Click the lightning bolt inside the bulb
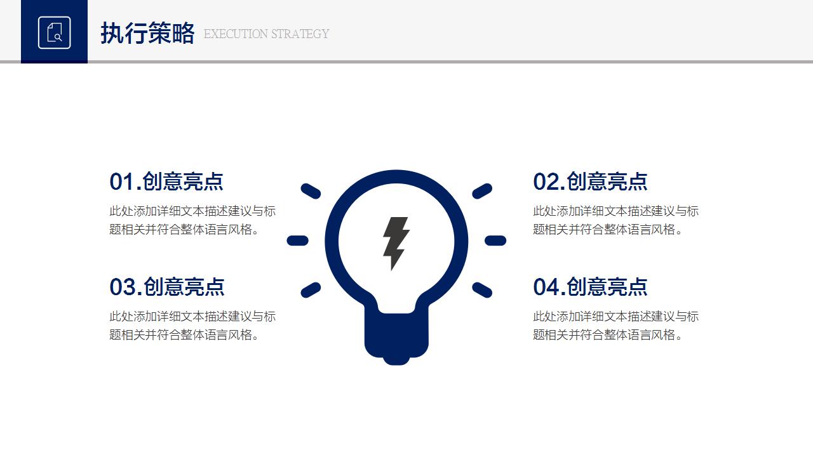[x=396, y=243]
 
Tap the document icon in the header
[x=54, y=32]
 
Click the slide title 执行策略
[x=147, y=34]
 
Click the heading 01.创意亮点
[x=166, y=182]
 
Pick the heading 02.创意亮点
[x=590, y=182]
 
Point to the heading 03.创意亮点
[x=166, y=287]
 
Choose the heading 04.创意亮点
[x=590, y=287]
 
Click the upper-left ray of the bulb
[x=311, y=191]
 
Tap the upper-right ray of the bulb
[x=482, y=191]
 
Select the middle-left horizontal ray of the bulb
[x=298, y=241]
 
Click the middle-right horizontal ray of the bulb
[x=495, y=241]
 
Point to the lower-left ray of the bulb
[x=311, y=290]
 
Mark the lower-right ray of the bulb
[x=482, y=290]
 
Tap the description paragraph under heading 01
[x=192, y=220]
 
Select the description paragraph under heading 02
[x=615, y=220]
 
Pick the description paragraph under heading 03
[x=192, y=326]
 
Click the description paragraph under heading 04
[x=615, y=326]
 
